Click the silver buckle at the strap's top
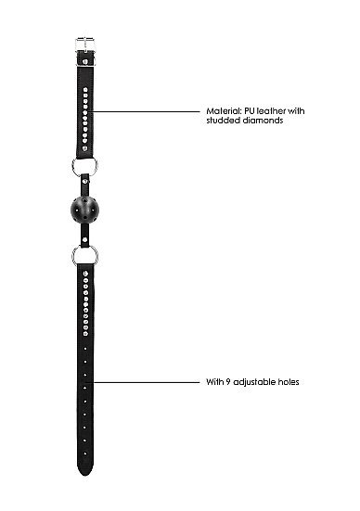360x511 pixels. (85, 45)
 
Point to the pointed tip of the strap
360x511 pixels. (85, 475)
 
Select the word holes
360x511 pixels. (289, 382)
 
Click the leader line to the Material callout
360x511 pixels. (144, 111)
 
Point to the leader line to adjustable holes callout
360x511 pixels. (147, 382)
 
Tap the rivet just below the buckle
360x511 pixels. (85, 61)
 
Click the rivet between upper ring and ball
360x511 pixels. (85, 181)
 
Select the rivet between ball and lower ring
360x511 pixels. (85, 239)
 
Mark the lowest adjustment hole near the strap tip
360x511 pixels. (85, 454)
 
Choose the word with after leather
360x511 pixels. (296, 111)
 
